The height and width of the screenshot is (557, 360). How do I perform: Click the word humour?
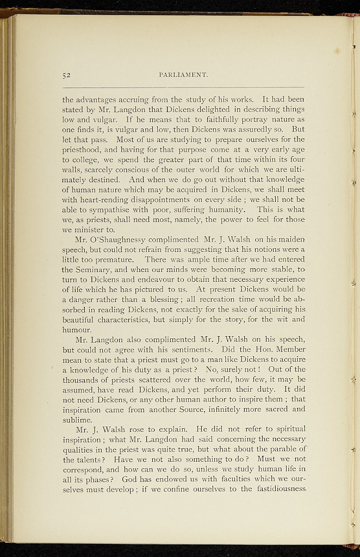pos(78,329)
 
